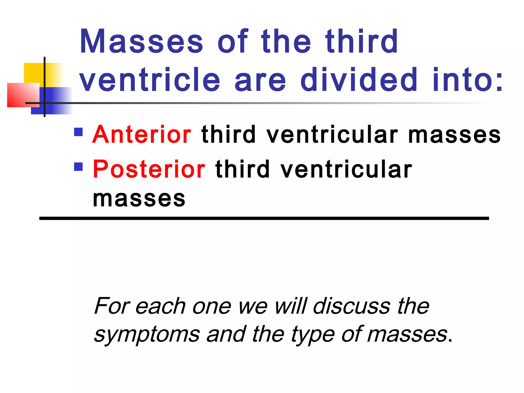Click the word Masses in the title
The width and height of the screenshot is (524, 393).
(141, 41)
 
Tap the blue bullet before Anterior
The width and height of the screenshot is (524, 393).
(78, 132)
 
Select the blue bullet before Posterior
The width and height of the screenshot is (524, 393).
(78, 167)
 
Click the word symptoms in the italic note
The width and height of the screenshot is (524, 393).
(147, 334)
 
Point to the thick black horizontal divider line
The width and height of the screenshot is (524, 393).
(264, 218)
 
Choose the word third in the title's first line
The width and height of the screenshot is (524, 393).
(361, 41)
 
